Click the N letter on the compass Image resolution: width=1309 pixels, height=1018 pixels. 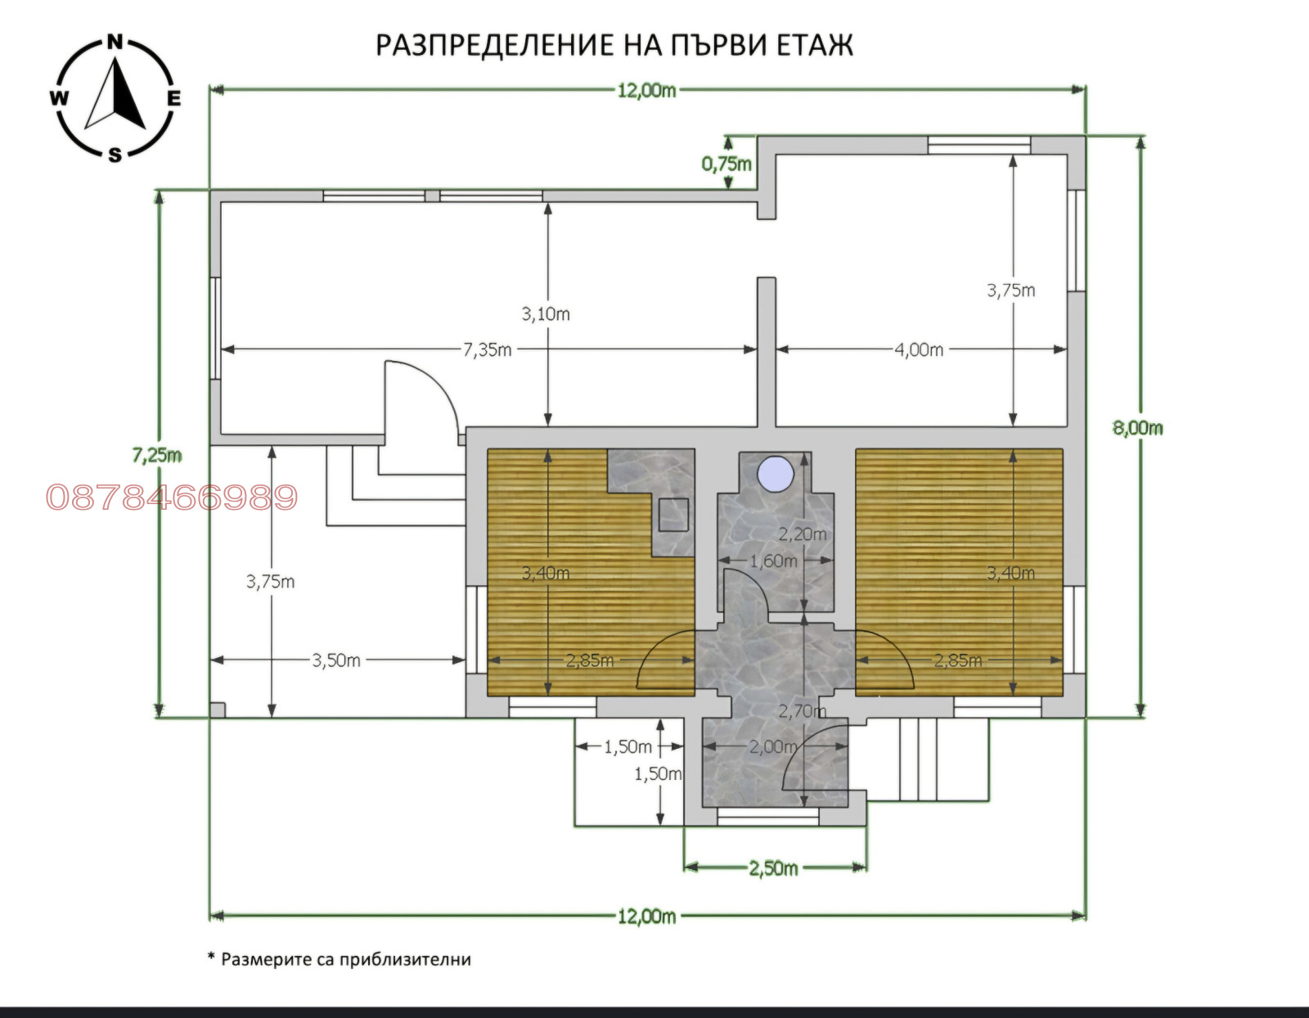coord(115,43)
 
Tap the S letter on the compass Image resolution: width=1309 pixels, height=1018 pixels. coord(115,155)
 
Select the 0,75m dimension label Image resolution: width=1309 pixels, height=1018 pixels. coord(726,164)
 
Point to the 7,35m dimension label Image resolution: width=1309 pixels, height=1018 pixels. coord(487,349)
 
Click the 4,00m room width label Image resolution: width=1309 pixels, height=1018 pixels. coord(919,349)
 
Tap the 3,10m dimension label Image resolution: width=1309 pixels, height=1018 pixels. coord(545,314)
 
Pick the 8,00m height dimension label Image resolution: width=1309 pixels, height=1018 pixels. coord(1137,428)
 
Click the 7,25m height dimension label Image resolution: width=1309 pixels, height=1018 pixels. coord(156,455)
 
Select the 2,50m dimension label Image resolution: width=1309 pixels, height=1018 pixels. coord(773,868)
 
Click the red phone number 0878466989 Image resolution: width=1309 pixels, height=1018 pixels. coord(172,498)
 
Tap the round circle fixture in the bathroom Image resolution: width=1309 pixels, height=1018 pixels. coord(776,474)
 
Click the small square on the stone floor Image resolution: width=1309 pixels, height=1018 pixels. coord(673,515)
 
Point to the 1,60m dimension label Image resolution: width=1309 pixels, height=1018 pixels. coord(773,561)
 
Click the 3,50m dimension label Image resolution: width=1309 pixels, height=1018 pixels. coord(335,660)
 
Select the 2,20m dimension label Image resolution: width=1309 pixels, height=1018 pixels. coord(803,534)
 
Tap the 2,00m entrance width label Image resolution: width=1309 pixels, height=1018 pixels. coord(773,747)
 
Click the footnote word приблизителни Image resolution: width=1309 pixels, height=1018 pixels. coord(405,960)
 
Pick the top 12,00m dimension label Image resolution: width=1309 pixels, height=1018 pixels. coord(647,91)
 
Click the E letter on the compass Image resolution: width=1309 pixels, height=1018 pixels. coord(173,98)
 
